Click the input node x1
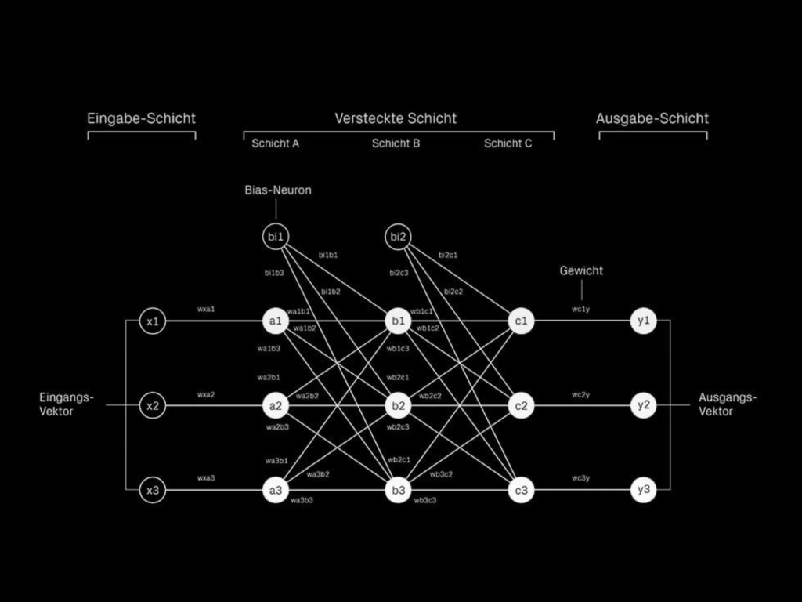(x=153, y=321)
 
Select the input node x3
(x=153, y=491)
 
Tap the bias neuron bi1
(x=275, y=237)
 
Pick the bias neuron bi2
(x=399, y=237)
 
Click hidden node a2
(x=275, y=406)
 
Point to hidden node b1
(x=399, y=321)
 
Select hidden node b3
(x=399, y=491)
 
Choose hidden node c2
(x=521, y=406)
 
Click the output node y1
(x=643, y=321)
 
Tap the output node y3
(x=643, y=491)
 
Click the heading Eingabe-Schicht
(x=141, y=118)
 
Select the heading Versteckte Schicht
(x=396, y=118)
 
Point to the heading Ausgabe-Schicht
(x=652, y=118)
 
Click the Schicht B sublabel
(x=396, y=143)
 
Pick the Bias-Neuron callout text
(x=278, y=190)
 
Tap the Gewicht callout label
(x=581, y=270)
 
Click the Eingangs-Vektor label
(x=66, y=404)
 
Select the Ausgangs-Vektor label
(x=728, y=404)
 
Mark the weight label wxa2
(x=205, y=394)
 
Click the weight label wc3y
(x=580, y=478)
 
